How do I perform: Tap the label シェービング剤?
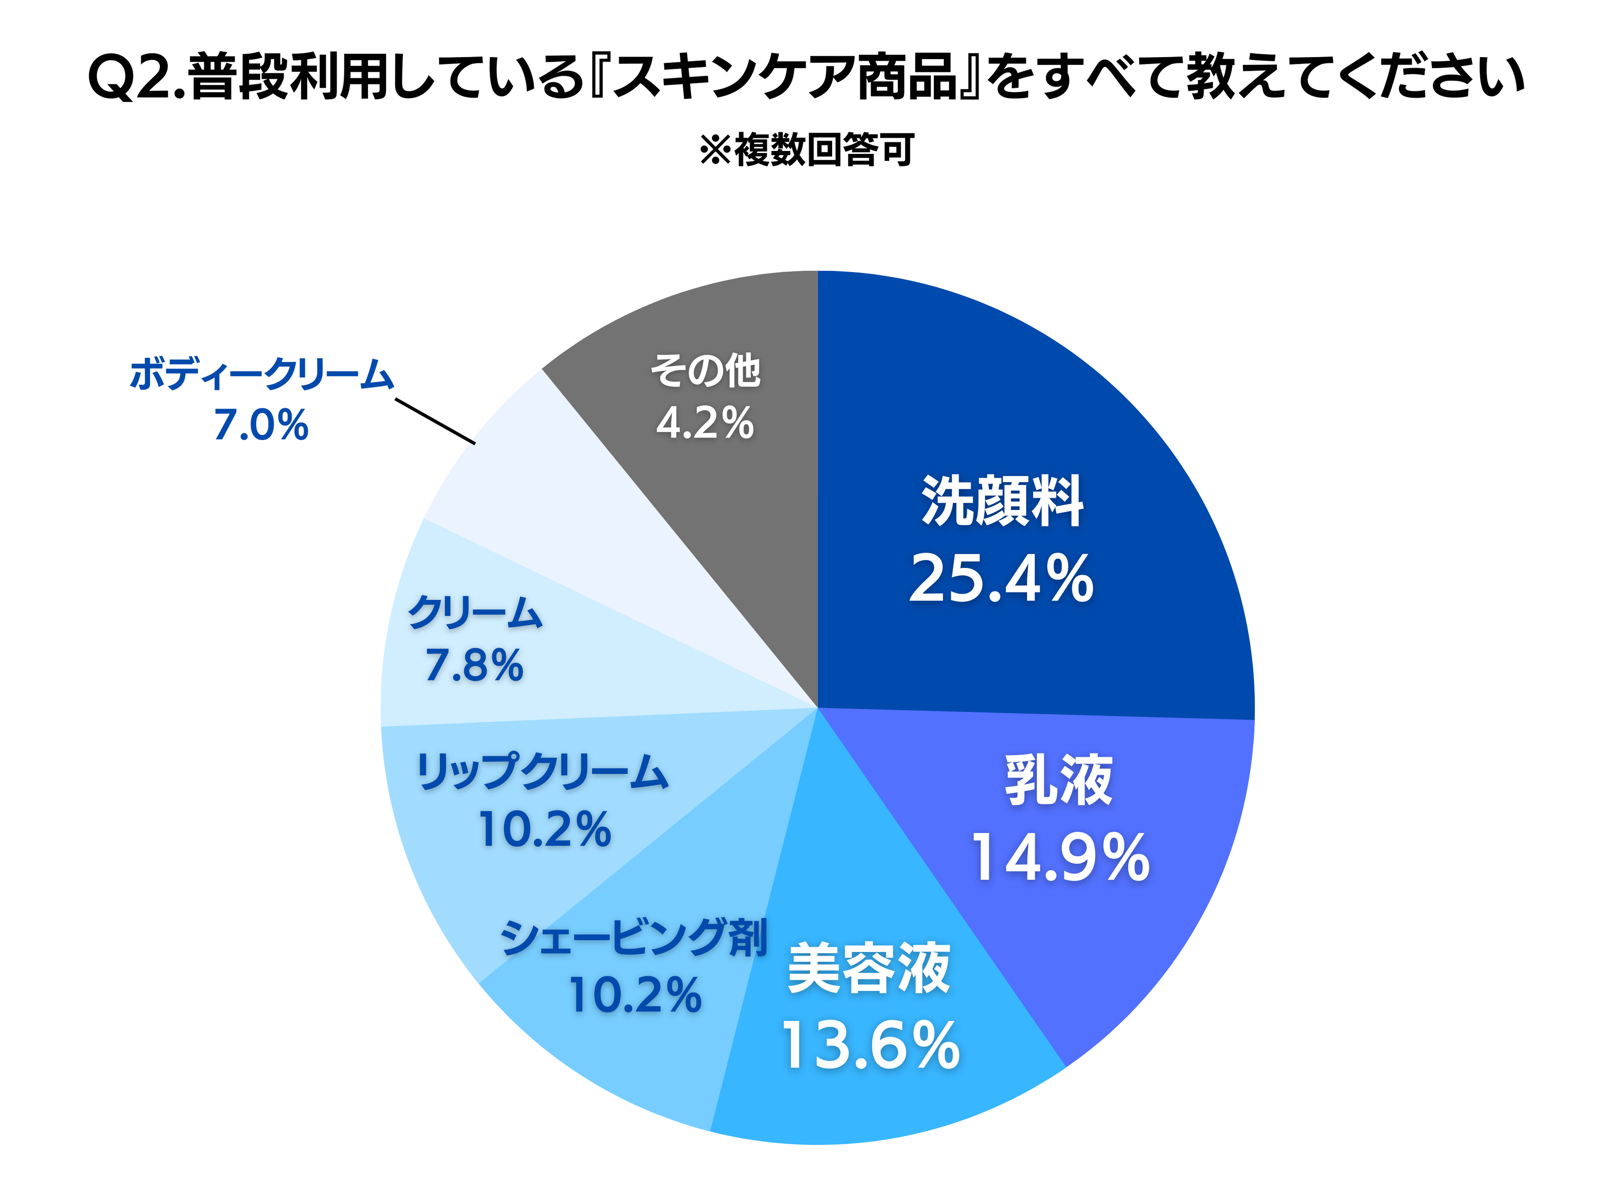634,938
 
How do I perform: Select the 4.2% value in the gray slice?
705,422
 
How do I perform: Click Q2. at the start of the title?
137,77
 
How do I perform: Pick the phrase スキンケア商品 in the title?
785,77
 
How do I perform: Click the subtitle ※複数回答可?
806,150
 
